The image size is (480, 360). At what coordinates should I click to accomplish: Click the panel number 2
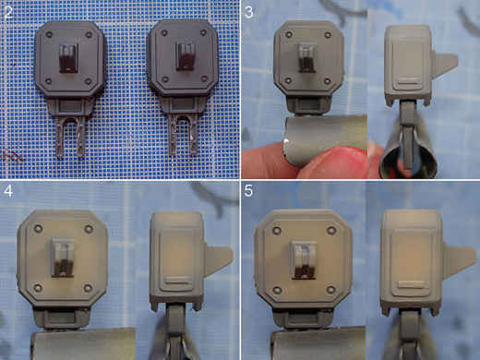click(x=8, y=12)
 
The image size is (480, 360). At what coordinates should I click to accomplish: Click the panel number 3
click(x=249, y=12)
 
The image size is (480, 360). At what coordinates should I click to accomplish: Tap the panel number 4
click(x=8, y=191)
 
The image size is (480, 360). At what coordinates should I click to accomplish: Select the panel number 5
click(x=248, y=191)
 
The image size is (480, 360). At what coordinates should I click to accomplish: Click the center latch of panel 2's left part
click(x=68, y=57)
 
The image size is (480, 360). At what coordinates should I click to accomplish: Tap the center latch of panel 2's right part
click(x=186, y=55)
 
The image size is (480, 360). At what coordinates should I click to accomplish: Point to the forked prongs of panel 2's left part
click(x=70, y=137)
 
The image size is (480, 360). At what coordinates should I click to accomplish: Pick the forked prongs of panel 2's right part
click(x=184, y=134)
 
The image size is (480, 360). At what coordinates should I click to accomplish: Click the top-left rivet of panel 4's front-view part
click(x=38, y=228)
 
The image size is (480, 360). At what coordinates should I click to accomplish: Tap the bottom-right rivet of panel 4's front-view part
click(x=88, y=288)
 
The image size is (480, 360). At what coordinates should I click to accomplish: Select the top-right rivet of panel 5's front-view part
click(x=331, y=230)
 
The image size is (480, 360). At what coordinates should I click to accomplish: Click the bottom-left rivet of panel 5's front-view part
click(x=277, y=290)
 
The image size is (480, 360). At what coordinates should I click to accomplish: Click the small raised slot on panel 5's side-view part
click(x=409, y=284)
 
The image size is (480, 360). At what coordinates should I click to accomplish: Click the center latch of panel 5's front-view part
click(x=305, y=260)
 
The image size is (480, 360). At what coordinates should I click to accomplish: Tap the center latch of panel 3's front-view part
click(x=307, y=57)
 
